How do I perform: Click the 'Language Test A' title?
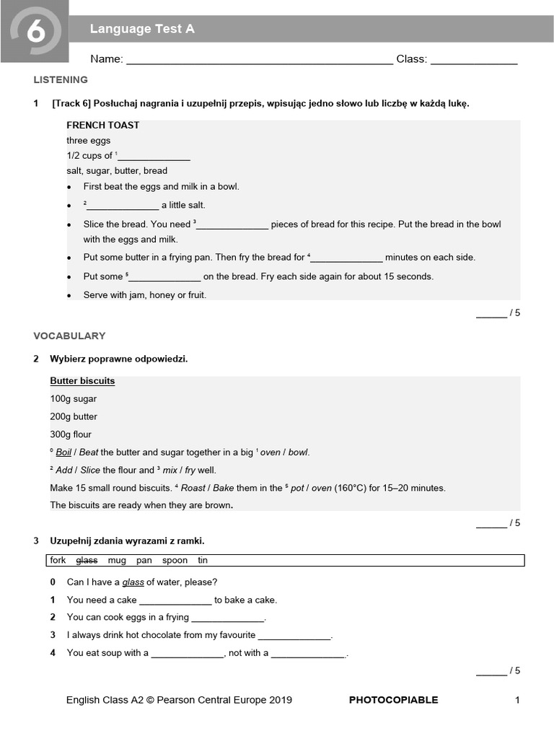point(142,29)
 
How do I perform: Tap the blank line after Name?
point(260,61)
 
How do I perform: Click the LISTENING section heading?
point(61,79)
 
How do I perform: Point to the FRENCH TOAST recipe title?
point(103,125)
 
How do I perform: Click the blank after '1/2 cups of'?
point(154,157)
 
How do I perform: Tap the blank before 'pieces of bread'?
point(233,225)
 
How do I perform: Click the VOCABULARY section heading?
point(69,336)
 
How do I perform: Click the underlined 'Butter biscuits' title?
point(82,381)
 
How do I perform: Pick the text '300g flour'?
point(71,434)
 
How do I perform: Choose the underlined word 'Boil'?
point(63,452)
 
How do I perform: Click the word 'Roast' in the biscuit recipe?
point(193,488)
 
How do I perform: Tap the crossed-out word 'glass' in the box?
point(87,560)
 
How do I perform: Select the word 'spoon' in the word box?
point(175,560)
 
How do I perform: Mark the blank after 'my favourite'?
point(294,637)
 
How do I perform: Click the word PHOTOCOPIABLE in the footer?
point(393,699)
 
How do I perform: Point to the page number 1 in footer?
point(517,699)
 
